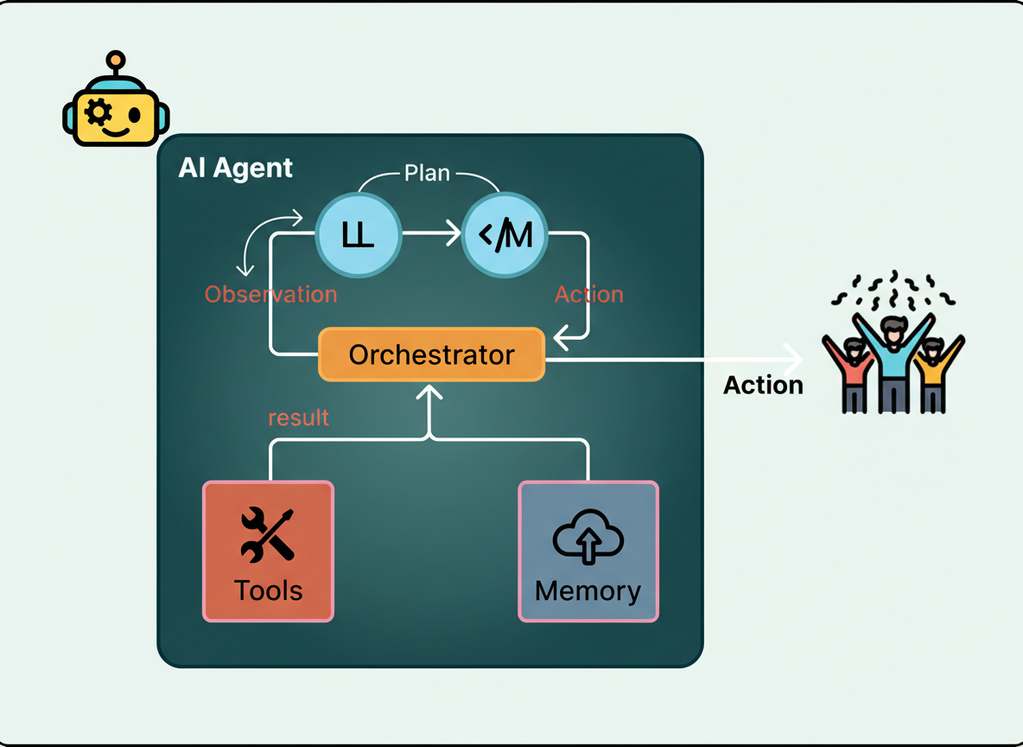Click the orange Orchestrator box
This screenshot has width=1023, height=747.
tap(431, 354)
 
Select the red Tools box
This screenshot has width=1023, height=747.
tap(268, 551)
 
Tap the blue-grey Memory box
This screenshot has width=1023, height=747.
tap(588, 551)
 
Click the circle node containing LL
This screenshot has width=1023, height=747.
tap(358, 234)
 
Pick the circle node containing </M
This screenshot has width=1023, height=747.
tap(505, 234)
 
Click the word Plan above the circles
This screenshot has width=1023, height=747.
tap(428, 173)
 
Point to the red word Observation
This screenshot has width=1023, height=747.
tap(270, 294)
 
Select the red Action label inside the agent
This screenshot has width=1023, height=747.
tap(588, 294)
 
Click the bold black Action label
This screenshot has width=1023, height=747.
tap(763, 385)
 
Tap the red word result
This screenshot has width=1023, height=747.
tap(298, 418)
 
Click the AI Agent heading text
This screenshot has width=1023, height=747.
tap(235, 168)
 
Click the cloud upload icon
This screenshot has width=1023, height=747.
tap(588, 539)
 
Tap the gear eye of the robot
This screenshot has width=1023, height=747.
tap(98, 112)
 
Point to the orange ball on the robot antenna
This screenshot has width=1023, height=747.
tap(114, 60)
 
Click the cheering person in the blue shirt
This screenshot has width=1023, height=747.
tap(893, 359)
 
